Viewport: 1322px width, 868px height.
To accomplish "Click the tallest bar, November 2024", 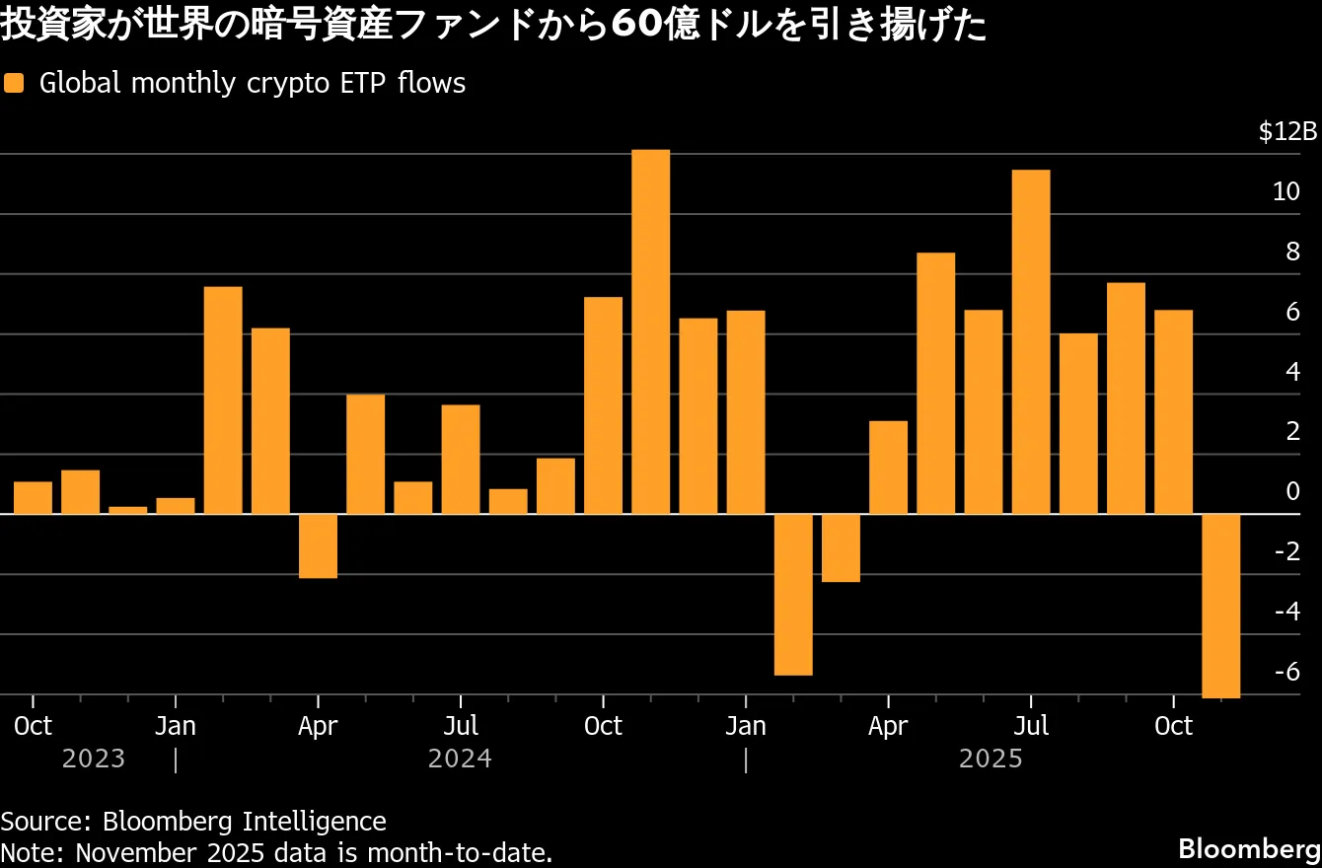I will [650, 331].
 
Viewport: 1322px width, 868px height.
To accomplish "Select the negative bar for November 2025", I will [1220, 606].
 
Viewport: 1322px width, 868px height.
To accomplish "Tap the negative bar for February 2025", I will [793, 595].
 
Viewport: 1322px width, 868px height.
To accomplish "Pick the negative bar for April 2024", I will [318, 545].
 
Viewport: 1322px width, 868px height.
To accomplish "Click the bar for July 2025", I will [1031, 342].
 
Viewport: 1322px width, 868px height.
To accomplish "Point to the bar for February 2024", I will [223, 400].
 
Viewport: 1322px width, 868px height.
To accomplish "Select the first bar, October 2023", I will [33, 498].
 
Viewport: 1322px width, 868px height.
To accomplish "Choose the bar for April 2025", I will [888, 468].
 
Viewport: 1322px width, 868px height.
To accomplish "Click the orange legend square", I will [14, 84].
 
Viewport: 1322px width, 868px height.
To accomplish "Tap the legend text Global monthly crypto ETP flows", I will [252, 84].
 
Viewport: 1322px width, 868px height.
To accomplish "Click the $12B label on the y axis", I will [1287, 132].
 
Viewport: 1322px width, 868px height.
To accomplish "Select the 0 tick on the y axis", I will [1293, 491].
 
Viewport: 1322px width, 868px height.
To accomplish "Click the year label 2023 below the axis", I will [94, 759].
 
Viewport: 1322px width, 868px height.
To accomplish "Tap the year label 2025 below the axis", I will [991, 759].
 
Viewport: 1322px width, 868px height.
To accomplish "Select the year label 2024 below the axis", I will [460, 759].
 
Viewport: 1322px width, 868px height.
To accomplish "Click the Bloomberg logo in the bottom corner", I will [1247, 848].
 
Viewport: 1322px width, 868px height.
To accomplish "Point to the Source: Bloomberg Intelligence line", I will [193, 821].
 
